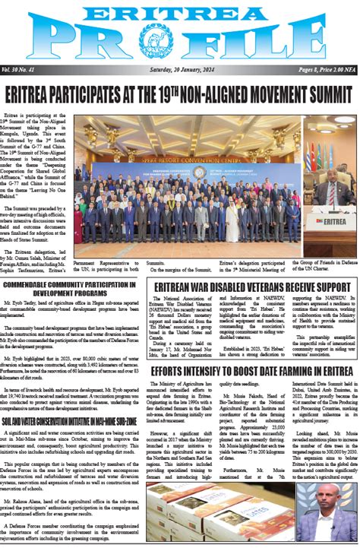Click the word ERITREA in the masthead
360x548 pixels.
[x=180, y=13]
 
